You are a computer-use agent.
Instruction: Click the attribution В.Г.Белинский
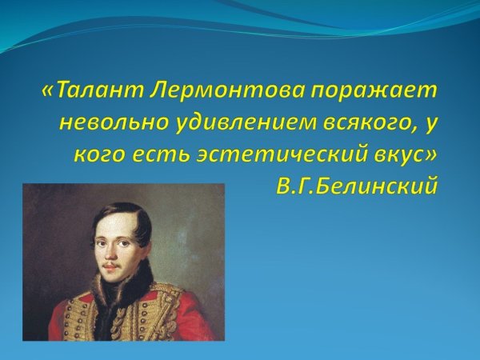357,186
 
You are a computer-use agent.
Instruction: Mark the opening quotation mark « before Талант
48,91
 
